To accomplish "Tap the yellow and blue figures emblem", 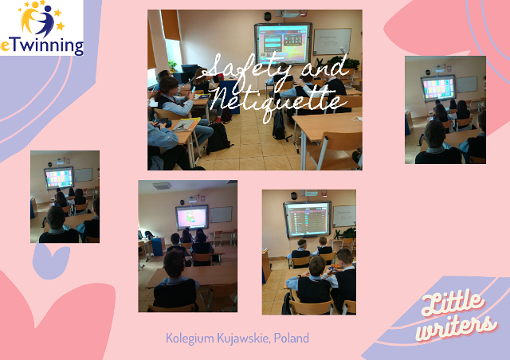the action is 41,18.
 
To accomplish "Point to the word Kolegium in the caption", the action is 190,338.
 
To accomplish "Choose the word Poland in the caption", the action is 292,338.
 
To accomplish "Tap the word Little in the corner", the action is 452,303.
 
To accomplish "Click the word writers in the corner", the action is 457,327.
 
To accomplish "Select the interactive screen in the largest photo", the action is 284,44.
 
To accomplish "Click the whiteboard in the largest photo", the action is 332,41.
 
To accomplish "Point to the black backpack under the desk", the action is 218,139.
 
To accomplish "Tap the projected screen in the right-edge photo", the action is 438,88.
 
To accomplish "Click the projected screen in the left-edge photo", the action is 59,178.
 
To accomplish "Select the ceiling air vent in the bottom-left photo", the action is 162,186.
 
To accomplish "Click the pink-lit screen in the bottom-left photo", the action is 192,217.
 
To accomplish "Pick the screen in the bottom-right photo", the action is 308,219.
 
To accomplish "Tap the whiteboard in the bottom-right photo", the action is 344,216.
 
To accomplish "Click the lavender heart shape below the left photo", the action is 51,261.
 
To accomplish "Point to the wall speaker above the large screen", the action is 268,16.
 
